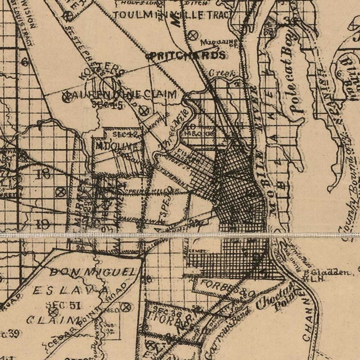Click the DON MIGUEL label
point(93,273)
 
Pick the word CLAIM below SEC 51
point(54,320)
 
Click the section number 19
point(43,225)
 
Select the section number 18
point(44,174)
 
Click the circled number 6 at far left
point(25,62)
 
